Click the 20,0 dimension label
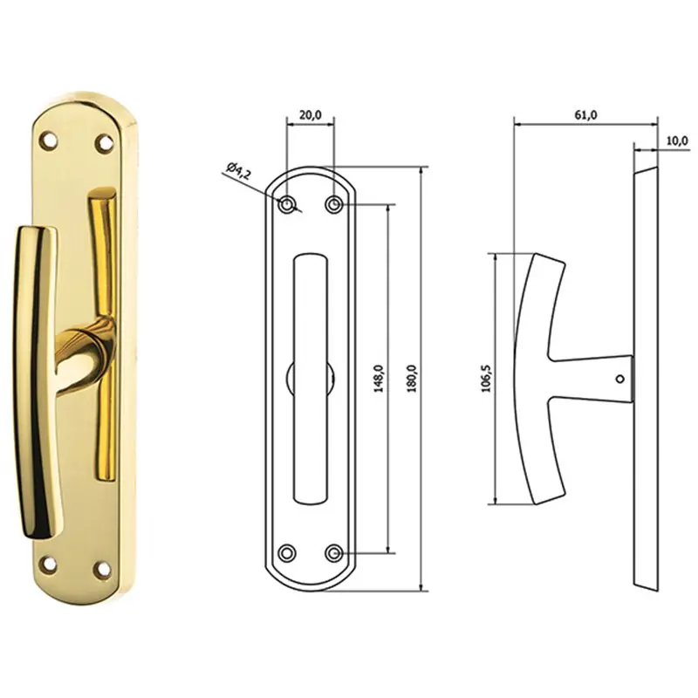pos(310,115)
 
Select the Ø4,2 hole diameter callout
pos(238,170)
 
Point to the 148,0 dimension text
pos(379,378)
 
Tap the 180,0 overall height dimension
pos(411,378)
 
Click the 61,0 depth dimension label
pos(585,115)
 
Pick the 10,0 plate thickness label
pos(677,141)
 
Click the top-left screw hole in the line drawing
pos(287,205)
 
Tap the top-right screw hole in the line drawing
pos(333,205)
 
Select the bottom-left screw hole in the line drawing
pos(287,553)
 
